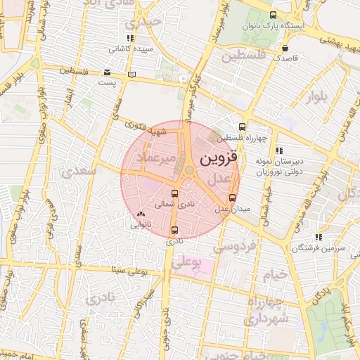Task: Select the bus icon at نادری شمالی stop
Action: [x=174, y=193]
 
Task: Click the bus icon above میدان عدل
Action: [x=233, y=197]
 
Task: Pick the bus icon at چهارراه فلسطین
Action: [x=242, y=127]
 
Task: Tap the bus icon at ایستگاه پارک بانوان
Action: [x=273, y=15]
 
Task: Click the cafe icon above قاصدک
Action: [x=285, y=49]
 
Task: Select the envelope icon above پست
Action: [x=107, y=72]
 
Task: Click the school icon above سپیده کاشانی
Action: [x=129, y=38]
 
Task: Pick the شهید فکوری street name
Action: [x=144, y=127]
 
